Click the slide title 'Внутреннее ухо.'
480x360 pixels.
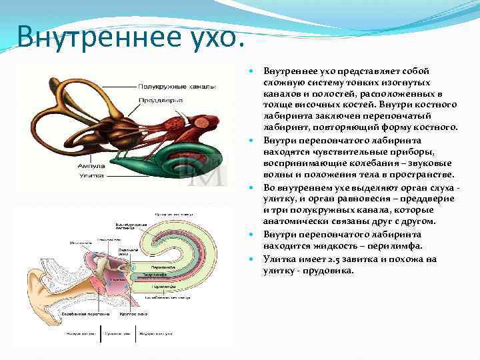click(127, 35)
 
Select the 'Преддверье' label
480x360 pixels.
click(156, 101)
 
